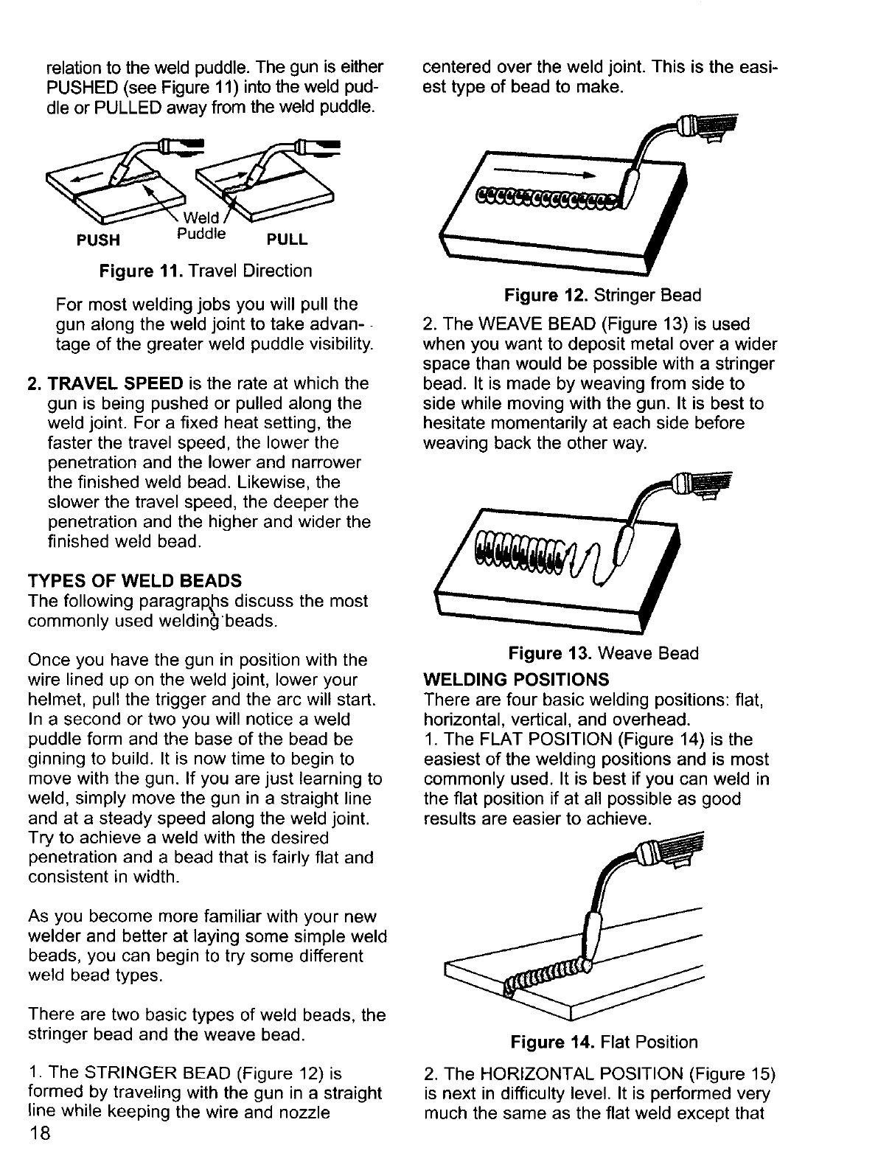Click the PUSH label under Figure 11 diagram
pyautogui.click(x=99, y=240)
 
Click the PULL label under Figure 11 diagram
pyautogui.click(x=287, y=240)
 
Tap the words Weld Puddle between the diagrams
pyautogui.click(x=201, y=226)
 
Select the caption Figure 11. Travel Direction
pyautogui.click(x=206, y=271)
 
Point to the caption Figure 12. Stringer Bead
pyautogui.click(x=602, y=296)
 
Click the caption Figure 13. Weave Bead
pyautogui.click(x=602, y=653)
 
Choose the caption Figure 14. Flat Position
pyautogui.click(x=603, y=1042)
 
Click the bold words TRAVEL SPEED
pyautogui.click(x=116, y=383)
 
